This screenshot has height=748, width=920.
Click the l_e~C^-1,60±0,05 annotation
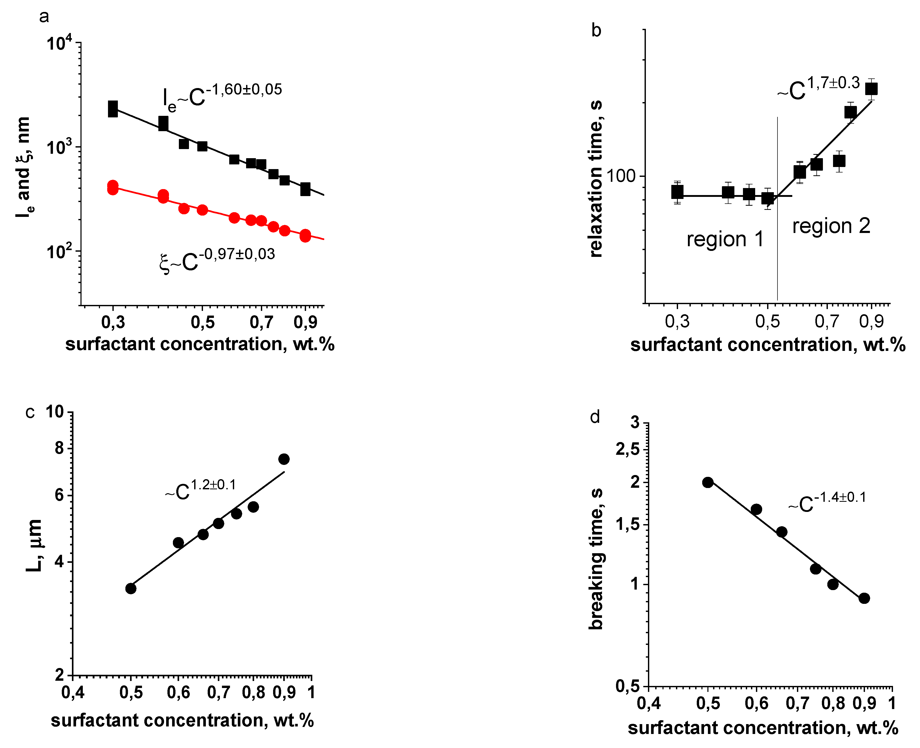pos(222,97)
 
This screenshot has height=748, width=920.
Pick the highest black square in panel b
pos(871,89)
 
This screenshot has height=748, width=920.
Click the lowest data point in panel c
pos(131,589)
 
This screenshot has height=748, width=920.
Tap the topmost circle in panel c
pos(284,459)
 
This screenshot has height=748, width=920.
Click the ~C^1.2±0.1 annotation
pos(200,490)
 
